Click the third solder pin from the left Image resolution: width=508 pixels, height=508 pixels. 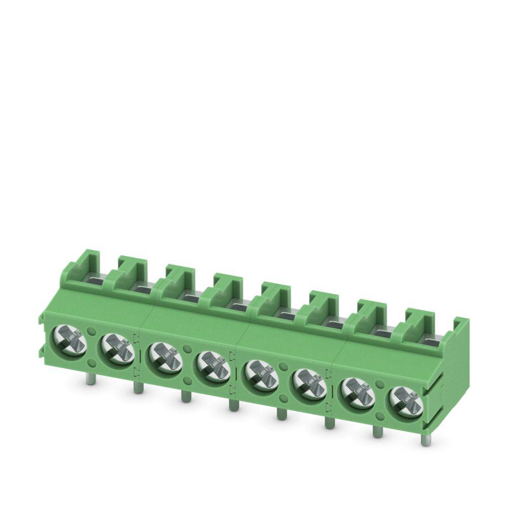(x=184, y=397)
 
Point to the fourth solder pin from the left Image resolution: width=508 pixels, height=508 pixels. (x=232, y=405)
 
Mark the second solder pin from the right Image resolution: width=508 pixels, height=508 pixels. (x=376, y=431)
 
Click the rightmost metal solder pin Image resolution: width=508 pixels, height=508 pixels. (x=425, y=439)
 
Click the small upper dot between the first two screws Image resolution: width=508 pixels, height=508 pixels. (x=92, y=331)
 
